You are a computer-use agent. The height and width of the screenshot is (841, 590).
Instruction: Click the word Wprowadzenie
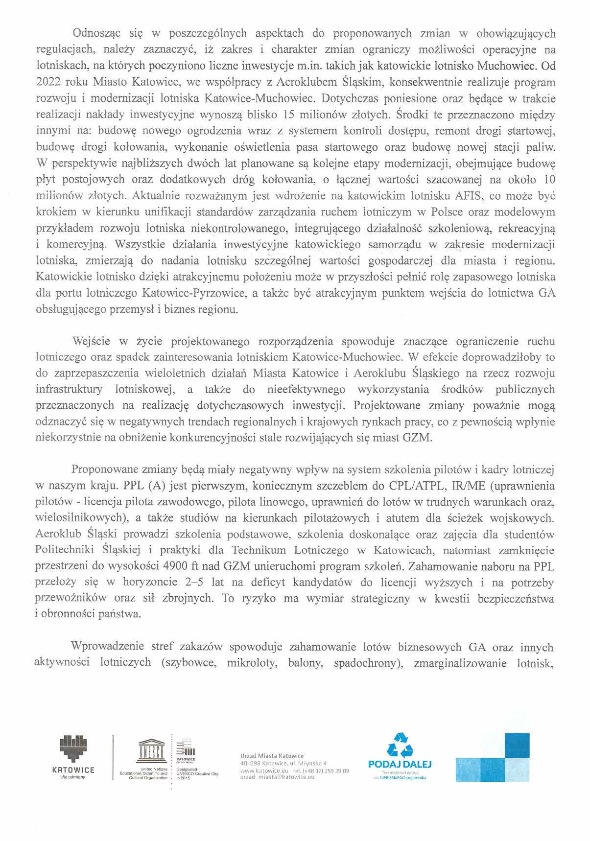pyautogui.click(x=103, y=647)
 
